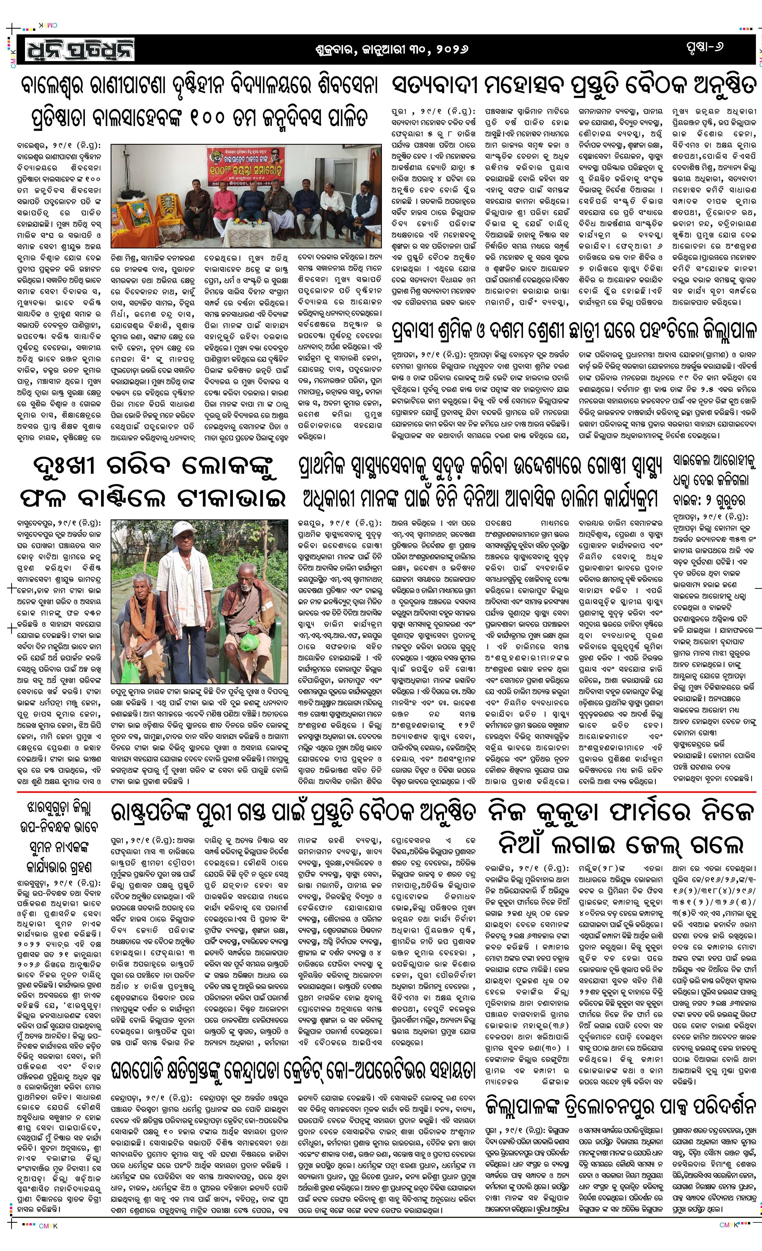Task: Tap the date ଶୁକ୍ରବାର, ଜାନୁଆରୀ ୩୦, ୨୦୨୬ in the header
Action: (390, 49)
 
